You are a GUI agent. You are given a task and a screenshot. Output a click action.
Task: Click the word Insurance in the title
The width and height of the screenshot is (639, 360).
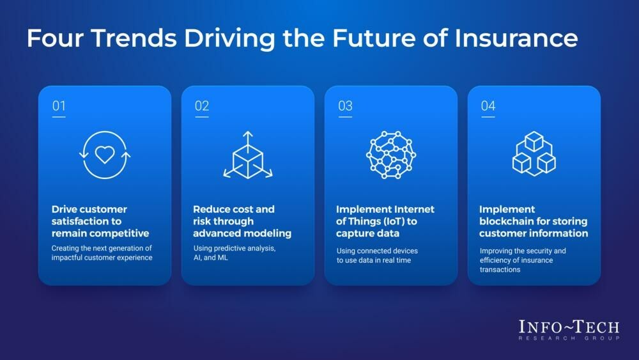tap(516, 38)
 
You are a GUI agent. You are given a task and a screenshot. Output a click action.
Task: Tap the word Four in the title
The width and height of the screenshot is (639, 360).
tap(55, 38)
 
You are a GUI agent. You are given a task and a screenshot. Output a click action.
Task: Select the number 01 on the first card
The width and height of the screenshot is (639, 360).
tap(59, 106)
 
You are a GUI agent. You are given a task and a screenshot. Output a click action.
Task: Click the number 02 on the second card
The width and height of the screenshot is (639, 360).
tap(202, 106)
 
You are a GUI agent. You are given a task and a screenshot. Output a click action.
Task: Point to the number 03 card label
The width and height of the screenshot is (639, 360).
tap(345, 106)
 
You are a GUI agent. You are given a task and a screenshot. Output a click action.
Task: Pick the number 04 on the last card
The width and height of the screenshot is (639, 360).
tap(488, 106)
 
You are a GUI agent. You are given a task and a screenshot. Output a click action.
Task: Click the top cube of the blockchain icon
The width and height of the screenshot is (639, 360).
tap(534, 141)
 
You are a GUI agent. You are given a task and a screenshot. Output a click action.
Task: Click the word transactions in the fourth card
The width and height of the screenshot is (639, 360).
tap(500, 269)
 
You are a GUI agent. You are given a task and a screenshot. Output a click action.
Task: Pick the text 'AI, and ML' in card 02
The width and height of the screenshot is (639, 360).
tap(211, 258)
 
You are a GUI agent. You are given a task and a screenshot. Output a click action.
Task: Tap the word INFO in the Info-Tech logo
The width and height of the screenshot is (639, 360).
tap(540, 327)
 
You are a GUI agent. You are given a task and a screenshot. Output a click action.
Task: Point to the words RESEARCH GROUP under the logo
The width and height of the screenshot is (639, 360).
tap(569, 338)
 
